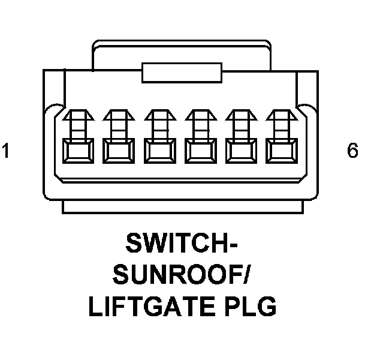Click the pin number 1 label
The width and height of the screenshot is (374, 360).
tap(6, 151)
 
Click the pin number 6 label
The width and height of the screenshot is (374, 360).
tap(352, 151)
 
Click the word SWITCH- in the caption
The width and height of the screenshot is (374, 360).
tap(182, 244)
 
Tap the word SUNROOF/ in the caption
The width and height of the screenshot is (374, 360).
tap(182, 276)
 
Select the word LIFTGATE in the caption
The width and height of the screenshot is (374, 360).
tap(152, 307)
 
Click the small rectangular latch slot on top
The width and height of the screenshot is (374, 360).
tap(181, 71)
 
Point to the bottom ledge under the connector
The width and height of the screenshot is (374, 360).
tap(181, 207)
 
